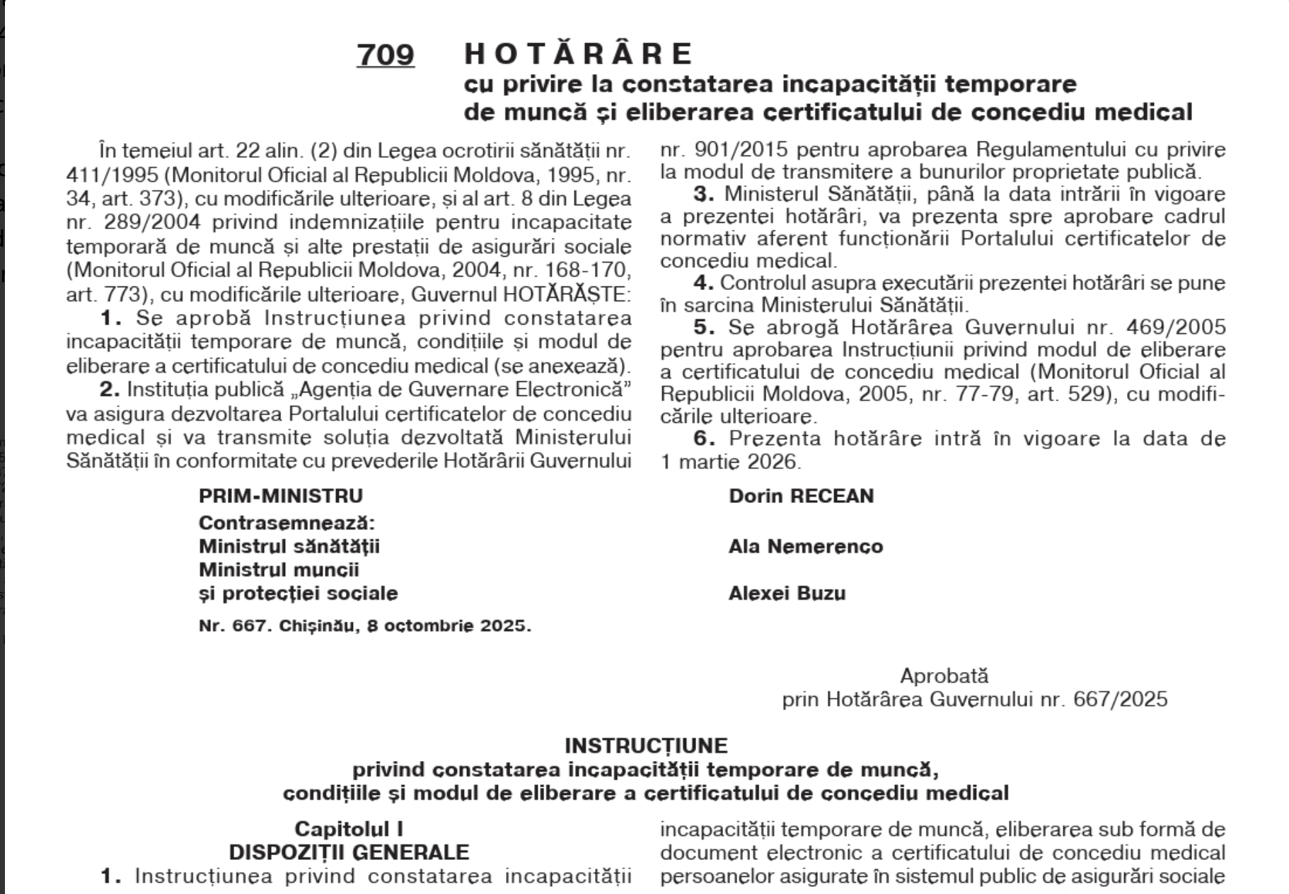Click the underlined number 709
coord(386,54)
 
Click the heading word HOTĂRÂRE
coord(579,54)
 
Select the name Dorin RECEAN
coord(801,496)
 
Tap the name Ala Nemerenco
coord(805,546)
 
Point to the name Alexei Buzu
coord(787,593)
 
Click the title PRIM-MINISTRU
coord(280,496)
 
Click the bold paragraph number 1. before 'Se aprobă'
coord(110,318)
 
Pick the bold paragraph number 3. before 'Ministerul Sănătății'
coord(704,194)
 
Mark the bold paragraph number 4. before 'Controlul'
coord(704,283)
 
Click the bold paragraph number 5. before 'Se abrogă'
coord(704,327)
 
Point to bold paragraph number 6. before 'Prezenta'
coord(704,439)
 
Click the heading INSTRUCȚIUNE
coord(645,745)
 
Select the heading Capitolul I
coord(349,829)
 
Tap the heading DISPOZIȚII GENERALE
coord(349,852)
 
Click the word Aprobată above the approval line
coord(944,675)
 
